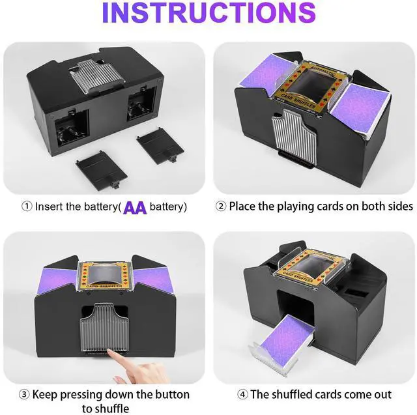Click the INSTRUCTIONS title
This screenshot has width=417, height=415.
point(208,12)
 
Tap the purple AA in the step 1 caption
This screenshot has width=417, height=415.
point(135,208)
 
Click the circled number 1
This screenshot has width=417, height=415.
point(27,207)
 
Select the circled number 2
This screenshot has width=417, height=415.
point(221,207)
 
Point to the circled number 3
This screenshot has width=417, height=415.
point(24,395)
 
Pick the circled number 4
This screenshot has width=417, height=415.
point(242,394)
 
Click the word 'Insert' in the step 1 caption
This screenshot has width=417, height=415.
point(50,207)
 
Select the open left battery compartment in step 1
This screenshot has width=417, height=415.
point(72,129)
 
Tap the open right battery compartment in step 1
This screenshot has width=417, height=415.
point(141,104)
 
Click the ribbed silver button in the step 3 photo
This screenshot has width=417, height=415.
point(104,327)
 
